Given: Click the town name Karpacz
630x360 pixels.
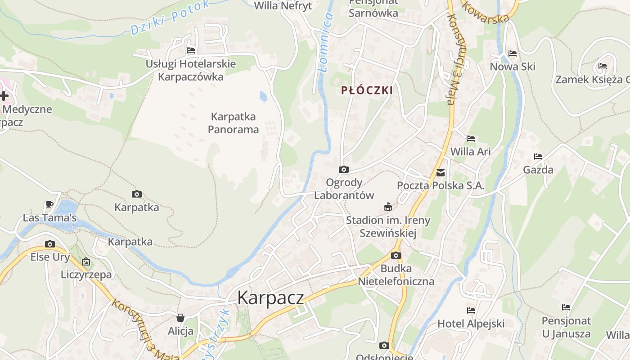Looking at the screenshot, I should pyautogui.click(x=270, y=298).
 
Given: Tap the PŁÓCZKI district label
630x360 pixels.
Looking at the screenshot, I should pyautogui.click(x=367, y=90).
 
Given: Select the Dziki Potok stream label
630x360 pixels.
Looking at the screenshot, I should pyautogui.click(x=170, y=18).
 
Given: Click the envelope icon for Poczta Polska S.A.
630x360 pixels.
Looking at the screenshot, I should pyautogui.click(x=440, y=172).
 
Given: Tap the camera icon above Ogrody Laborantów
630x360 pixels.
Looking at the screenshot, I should pyautogui.click(x=344, y=170).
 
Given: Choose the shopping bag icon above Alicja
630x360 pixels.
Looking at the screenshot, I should pyautogui.click(x=180, y=318).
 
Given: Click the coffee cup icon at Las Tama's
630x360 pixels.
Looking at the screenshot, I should pyautogui.click(x=49, y=205).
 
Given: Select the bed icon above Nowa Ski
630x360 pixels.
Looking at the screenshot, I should pyautogui.click(x=512, y=54).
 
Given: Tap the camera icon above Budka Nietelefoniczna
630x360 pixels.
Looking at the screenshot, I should pyautogui.click(x=396, y=256).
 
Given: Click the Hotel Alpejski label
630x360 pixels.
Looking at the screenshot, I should pyautogui.click(x=471, y=324).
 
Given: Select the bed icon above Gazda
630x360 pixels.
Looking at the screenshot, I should pyautogui.click(x=538, y=157).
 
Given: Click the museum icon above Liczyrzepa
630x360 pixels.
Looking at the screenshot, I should pyautogui.click(x=86, y=261).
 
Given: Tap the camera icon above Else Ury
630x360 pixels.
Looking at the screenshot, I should pyautogui.click(x=50, y=244).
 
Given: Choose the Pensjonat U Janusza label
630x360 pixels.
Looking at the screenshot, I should pyautogui.click(x=566, y=327).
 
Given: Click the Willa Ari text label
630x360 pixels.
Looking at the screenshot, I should pyautogui.click(x=470, y=152).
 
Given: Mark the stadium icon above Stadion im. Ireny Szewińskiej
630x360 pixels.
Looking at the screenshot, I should pyautogui.click(x=387, y=207).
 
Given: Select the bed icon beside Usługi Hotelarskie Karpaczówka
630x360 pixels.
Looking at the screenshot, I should pyautogui.click(x=191, y=50).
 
